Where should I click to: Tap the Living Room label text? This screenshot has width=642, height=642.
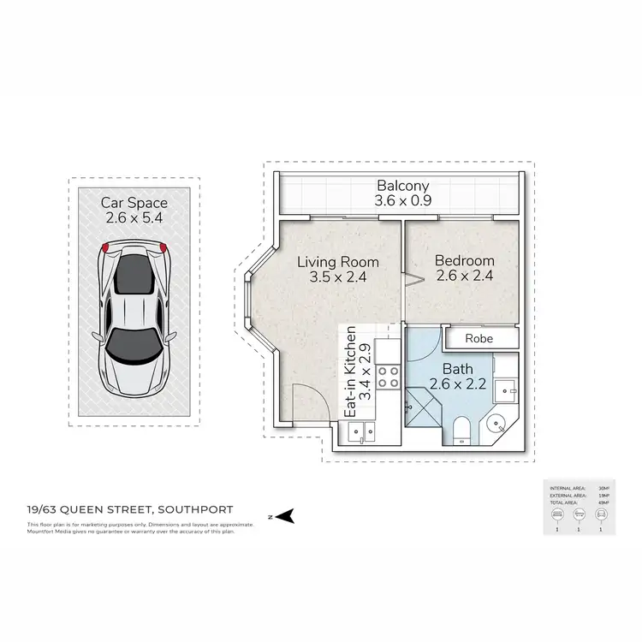[337, 262]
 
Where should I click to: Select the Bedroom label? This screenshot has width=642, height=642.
[464, 261]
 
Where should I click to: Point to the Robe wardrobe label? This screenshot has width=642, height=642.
[479, 338]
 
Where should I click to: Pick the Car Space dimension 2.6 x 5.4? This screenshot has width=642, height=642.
[134, 218]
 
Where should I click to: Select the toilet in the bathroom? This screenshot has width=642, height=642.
[462, 429]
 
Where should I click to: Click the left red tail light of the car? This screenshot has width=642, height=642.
[106, 247]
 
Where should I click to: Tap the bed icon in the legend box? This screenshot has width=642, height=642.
[556, 514]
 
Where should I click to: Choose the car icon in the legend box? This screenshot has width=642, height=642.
[602, 514]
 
